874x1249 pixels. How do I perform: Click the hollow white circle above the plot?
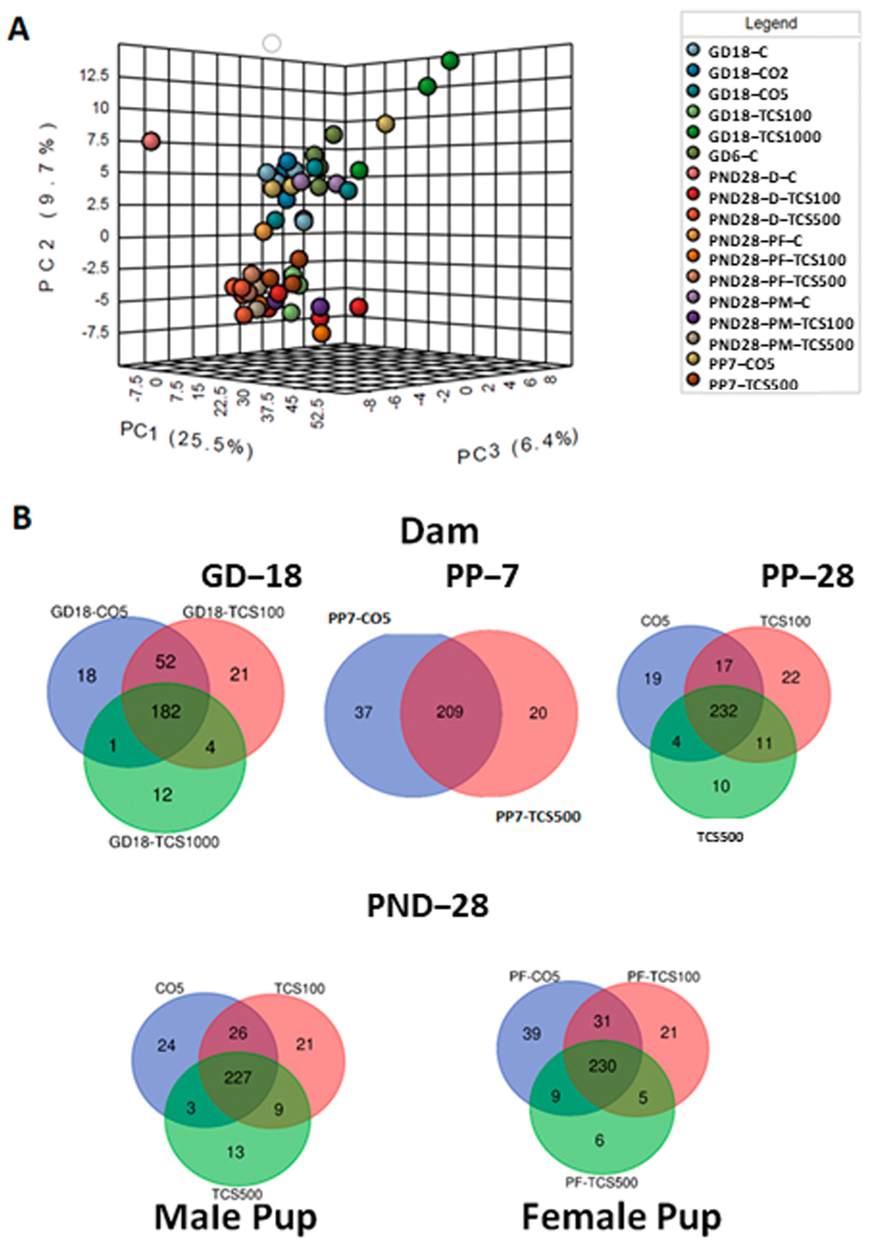point(271,43)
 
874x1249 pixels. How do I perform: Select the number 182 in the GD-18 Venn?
point(166,711)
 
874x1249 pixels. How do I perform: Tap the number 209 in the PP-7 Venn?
point(450,711)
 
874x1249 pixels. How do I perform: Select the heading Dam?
point(439,532)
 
